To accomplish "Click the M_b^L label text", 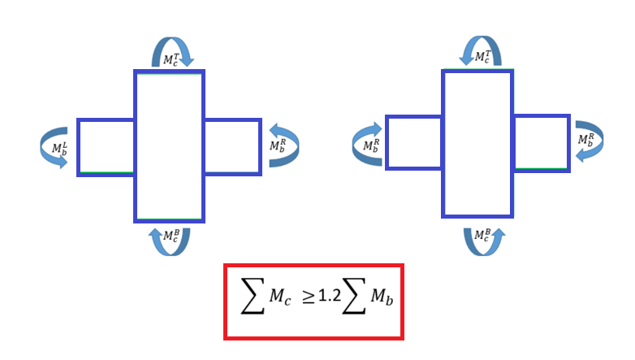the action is click(59, 149).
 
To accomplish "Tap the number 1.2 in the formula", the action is click(330, 296).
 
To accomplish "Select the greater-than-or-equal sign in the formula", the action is click(309, 297).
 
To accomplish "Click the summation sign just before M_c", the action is click(253, 296).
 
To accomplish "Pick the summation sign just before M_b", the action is click(354, 296).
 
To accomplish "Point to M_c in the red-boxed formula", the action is click(280, 297).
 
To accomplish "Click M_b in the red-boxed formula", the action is click(382, 297).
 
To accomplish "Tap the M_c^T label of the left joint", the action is click(171, 59).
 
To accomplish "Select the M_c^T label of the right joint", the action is click(482, 57).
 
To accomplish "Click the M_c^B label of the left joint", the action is click(171, 236).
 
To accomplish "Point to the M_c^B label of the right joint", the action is click(482, 235).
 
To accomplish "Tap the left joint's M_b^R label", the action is click(278, 145).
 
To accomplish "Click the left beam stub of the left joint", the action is click(106, 148).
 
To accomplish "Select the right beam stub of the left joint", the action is click(233, 147).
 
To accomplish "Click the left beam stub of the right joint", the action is click(413, 143).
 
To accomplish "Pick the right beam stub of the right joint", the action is click(542, 144).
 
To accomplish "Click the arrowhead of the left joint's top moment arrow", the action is click(187, 62).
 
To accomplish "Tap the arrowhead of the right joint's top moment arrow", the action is click(467, 60).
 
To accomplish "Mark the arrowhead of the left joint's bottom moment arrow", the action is click(156, 232).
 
